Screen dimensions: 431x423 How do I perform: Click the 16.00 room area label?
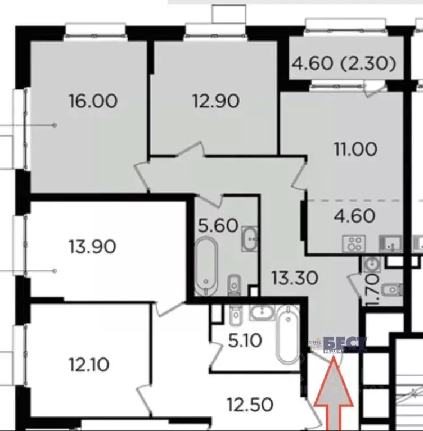click(x=93, y=101)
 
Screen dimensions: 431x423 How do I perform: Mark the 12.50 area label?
click(x=251, y=403)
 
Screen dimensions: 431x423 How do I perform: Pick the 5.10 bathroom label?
click(x=245, y=341)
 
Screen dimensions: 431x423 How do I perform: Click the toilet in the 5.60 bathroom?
click(x=233, y=285)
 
